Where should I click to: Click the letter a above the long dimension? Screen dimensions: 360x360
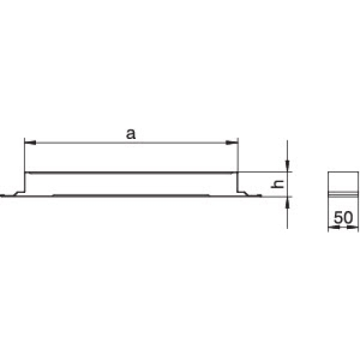click(131, 134)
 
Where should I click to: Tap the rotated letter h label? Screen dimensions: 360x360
click(277, 184)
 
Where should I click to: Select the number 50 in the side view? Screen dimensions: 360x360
click(343, 217)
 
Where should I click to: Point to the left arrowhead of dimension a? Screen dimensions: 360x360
click(30, 143)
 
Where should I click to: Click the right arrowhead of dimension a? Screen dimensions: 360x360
click(232, 143)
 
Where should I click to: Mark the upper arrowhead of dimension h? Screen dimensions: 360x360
click(287, 166)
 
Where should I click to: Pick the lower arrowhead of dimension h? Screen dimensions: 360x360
click(287, 203)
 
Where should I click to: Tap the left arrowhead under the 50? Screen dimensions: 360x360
click(334, 227)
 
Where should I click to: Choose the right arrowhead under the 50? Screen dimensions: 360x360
click(353, 227)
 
